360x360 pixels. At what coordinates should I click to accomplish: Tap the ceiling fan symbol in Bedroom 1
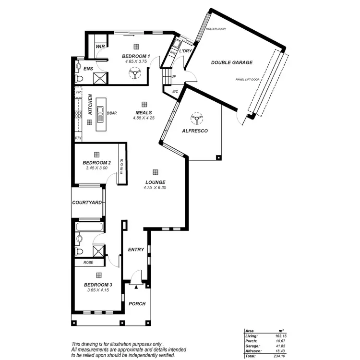click(134, 72)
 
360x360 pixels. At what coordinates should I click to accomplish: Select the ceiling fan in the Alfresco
click(195, 117)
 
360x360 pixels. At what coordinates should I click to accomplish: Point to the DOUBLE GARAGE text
click(231, 62)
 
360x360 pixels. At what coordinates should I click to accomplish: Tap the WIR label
click(100, 47)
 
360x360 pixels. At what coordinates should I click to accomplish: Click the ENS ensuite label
click(88, 69)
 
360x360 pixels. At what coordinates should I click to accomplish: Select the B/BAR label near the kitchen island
click(112, 113)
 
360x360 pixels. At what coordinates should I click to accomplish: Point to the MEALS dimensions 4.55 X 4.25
click(144, 118)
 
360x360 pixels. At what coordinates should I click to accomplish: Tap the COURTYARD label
click(86, 203)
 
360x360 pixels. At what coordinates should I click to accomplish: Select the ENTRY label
click(136, 250)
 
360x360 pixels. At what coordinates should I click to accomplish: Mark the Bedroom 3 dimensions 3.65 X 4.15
click(98, 290)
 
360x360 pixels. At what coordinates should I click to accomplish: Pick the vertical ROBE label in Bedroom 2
click(122, 166)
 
